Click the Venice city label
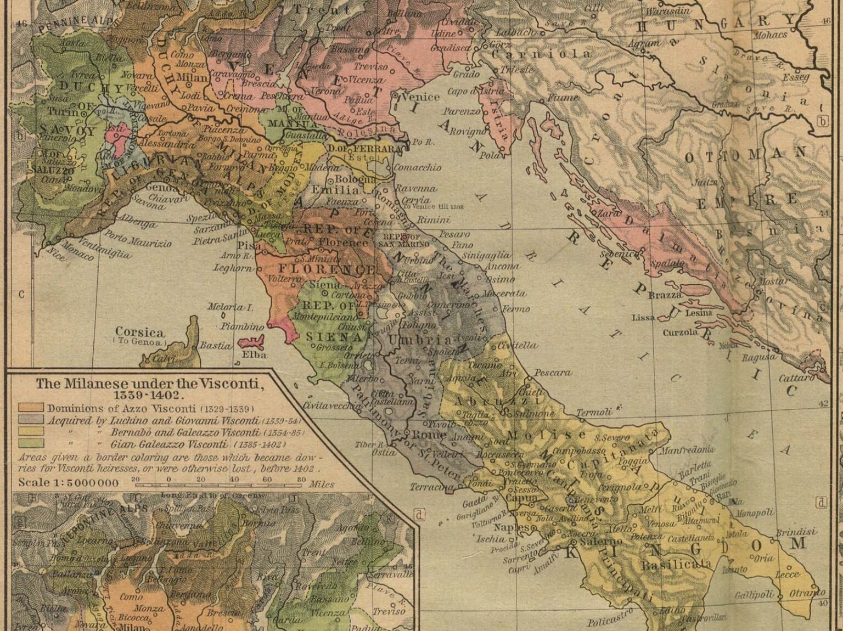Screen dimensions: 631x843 [x=421, y=97]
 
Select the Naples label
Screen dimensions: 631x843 [x=511, y=527]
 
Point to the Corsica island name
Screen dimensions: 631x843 [x=139, y=332]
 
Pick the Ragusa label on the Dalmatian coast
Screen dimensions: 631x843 [x=759, y=357]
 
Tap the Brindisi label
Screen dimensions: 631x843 [x=796, y=532]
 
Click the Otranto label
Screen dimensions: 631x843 [x=807, y=593]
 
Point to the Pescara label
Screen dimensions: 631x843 [x=553, y=373]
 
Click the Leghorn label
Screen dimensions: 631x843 [x=233, y=268]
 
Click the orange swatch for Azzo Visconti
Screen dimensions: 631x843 [x=31, y=408]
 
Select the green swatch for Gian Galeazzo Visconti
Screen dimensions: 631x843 [x=31, y=444]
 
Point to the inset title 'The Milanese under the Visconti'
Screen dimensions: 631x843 [x=149, y=384]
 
